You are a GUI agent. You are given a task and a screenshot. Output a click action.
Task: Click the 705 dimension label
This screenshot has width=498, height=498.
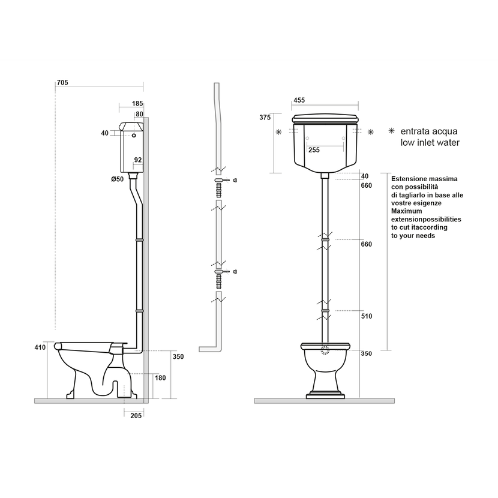point(62,83)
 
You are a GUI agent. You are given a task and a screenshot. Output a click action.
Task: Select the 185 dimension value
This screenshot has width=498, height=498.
point(137,104)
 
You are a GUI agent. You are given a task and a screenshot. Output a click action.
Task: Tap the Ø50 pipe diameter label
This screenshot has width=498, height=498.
point(117,179)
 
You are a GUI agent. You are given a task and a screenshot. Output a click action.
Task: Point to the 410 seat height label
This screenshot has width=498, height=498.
point(40,347)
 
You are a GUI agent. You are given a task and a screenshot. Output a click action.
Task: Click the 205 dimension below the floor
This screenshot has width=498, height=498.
point(136,415)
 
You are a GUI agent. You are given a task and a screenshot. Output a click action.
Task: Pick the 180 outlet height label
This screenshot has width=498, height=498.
point(160,378)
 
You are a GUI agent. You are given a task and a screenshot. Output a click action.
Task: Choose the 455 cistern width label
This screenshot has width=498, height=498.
point(299,100)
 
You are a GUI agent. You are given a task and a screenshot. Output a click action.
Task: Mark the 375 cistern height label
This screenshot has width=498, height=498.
point(265,118)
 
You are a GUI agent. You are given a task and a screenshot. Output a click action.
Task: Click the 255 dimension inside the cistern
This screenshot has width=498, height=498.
point(314,150)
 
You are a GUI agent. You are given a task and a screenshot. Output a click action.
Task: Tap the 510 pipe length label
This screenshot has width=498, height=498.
point(367,316)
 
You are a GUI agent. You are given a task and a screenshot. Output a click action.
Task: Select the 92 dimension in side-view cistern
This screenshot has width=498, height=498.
point(138,160)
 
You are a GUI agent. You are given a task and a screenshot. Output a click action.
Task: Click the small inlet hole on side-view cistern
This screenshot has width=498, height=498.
point(134,136)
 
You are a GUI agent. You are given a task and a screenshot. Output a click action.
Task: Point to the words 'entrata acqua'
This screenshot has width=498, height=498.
point(429,131)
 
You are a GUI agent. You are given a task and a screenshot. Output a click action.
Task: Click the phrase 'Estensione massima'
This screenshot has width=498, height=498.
point(424,179)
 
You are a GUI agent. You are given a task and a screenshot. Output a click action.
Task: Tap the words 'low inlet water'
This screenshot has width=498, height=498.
point(430,143)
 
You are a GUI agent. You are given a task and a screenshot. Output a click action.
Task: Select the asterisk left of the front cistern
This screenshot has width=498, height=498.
point(279,132)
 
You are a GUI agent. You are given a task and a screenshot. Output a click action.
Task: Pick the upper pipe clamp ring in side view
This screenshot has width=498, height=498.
point(140,240)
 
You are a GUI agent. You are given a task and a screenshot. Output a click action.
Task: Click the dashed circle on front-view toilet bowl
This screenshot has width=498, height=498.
point(325,350)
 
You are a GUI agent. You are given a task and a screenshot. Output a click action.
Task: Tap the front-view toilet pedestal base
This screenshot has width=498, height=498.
point(325,396)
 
